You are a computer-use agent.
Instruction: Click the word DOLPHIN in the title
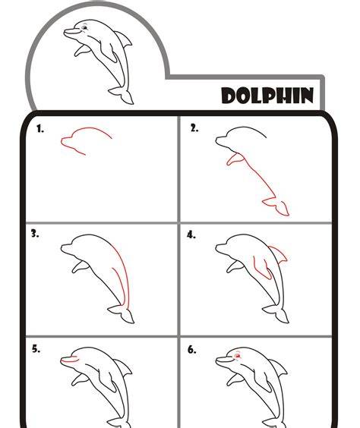click(267, 96)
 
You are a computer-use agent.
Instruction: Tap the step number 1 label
click(40, 128)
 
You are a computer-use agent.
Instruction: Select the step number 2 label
click(194, 128)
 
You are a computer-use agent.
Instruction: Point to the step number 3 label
click(35, 234)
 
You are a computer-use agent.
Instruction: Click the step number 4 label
click(191, 234)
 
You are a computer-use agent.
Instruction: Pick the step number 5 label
click(36, 349)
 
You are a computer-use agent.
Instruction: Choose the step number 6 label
click(191, 350)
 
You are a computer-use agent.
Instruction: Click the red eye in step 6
click(238, 356)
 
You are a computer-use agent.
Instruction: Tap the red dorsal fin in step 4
click(278, 254)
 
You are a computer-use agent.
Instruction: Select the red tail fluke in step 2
click(276, 206)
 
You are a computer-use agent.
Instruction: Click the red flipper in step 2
click(235, 159)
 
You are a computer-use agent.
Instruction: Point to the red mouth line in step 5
click(69, 360)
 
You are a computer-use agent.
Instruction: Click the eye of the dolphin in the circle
click(84, 27)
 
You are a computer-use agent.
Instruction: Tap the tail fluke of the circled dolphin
click(122, 95)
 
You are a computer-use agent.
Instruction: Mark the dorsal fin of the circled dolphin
click(124, 39)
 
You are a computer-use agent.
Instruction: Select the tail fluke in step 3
click(122, 313)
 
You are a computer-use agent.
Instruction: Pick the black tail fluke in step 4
click(276, 313)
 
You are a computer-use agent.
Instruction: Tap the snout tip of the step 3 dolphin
click(62, 248)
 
